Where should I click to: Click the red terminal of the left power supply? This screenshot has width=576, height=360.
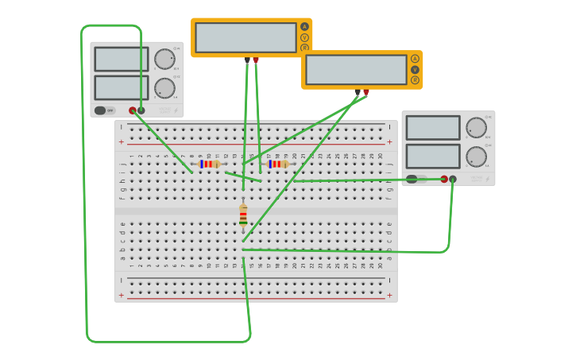(x=133, y=110)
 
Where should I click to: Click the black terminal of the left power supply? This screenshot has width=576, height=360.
(x=141, y=110)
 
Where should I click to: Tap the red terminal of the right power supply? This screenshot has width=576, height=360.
(x=444, y=179)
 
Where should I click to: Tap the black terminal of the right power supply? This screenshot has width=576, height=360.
(x=453, y=179)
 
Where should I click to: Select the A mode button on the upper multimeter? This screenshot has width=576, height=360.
(x=304, y=26)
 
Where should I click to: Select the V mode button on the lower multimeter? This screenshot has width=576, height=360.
(x=415, y=69)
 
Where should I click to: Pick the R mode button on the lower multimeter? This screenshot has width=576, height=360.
(x=415, y=79)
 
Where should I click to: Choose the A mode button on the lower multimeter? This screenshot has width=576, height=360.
(x=415, y=59)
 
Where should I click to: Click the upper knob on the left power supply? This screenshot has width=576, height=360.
(x=164, y=59)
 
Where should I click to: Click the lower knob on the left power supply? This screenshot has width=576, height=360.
(x=164, y=87)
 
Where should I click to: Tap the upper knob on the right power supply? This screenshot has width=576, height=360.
(x=476, y=127)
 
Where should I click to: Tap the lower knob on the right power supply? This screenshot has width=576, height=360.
(x=476, y=156)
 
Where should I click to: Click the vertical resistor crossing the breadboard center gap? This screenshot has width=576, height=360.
(x=243, y=215)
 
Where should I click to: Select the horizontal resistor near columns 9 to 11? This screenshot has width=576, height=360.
(x=209, y=164)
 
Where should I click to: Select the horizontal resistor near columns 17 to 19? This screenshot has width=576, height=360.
(x=277, y=164)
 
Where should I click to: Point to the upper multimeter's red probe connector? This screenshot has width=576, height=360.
(x=256, y=60)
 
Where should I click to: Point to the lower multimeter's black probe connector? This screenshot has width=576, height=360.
(x=358, y=92)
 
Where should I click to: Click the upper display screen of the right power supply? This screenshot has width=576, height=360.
(x=433, y=127)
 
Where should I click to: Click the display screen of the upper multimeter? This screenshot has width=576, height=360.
(x=245, y=37)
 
